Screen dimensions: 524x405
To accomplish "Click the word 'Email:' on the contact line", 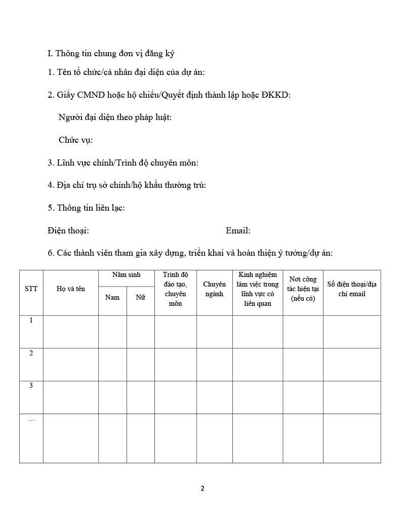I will coord(238,231).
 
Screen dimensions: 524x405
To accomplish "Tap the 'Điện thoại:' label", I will coord(68,231).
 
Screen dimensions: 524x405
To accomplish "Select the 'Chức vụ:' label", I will coord(75,140).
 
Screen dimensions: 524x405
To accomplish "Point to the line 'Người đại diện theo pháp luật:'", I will coord(115,117).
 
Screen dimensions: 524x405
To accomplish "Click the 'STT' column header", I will coord(31,289).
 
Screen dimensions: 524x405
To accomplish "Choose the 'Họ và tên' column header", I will coord(71,289).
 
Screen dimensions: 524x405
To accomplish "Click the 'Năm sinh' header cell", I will coord(126,275).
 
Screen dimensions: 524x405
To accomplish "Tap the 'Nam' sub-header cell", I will coord(112,297).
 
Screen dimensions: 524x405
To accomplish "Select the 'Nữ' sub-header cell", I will coord(140,297).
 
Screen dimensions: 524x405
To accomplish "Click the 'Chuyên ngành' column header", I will coord(214,289).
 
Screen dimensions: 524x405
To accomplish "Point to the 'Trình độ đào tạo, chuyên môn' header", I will coord(175,289).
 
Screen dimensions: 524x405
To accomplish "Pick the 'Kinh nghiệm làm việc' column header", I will coord(257,289).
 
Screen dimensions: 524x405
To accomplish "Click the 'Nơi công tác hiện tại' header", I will coord(303,289).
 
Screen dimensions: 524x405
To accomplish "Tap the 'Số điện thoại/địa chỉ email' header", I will coord(352,289).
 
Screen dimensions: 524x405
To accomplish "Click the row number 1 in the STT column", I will coord(31,320).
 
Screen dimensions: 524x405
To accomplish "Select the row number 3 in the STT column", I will coord(31,386).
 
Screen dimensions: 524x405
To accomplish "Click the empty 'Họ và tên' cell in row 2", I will coord(71,365).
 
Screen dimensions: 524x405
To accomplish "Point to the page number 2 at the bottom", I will coord(202,489).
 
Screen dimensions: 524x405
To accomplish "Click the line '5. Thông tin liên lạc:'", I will coord(86,208).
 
